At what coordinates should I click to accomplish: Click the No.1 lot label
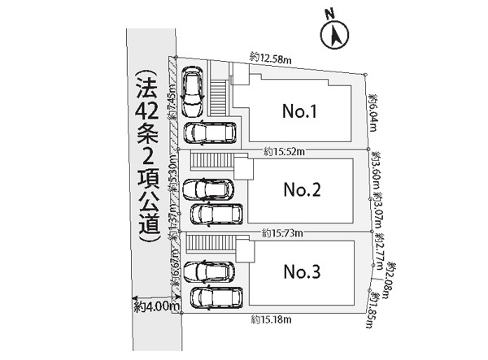pyautogui.click(x=298, y=111)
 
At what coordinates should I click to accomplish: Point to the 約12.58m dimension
pyautogui.click(x=272, y=56)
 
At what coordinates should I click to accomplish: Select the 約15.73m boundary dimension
pyautogui.click(x=283, y=233)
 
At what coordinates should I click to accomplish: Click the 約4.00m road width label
pyautogui.click(x=155, y=306)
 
